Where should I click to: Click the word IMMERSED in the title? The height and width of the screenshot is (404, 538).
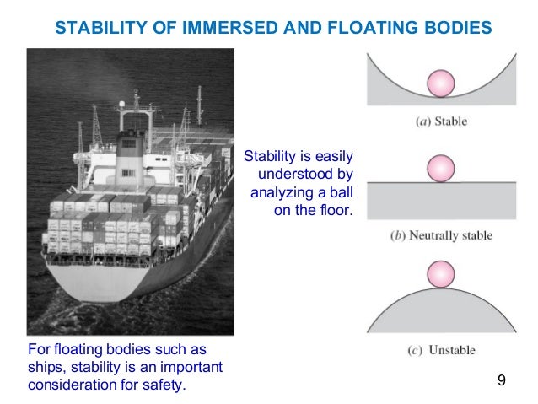(x=217, y=28)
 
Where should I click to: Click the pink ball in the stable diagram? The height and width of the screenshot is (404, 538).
(x=441, y=83)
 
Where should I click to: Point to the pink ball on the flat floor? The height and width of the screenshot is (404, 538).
(x=441, y=168)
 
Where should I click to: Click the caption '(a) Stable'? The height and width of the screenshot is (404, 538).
(x=441, y=121)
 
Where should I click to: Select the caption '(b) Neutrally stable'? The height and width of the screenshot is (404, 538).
(x=441, y=234)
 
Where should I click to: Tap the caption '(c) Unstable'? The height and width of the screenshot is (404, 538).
(x=441, y=350)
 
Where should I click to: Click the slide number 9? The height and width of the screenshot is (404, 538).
(x=501, y=382)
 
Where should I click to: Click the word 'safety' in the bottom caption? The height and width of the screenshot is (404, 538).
(x=164, y=385)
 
